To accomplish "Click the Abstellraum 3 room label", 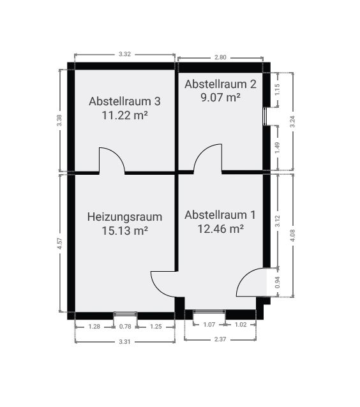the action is pos(124,101).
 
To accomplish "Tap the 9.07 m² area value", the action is pos(220,98).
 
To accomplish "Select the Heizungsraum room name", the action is pos(124,217).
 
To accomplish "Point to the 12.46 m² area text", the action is pos(220,228).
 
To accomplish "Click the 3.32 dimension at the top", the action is pos(124,54).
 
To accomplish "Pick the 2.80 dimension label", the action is pos(220,57).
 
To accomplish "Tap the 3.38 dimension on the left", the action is pos(59,121).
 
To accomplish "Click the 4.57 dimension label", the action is pos(60,244).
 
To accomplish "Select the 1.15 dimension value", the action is pos(277,89).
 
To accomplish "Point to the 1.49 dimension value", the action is pos(278,148).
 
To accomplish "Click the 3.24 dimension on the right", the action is pos(292,121).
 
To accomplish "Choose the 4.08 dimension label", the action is pos(292,235).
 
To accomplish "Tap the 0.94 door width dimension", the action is pos(278,282).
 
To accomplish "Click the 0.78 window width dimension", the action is pos(125,327).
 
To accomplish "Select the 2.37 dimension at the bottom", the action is pos(220,339).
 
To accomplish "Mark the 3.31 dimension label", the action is pos(124,342).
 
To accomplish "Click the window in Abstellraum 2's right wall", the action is pos(266,116).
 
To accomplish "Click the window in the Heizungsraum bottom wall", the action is pos(126,314).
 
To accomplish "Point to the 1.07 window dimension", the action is pos(209,325).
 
